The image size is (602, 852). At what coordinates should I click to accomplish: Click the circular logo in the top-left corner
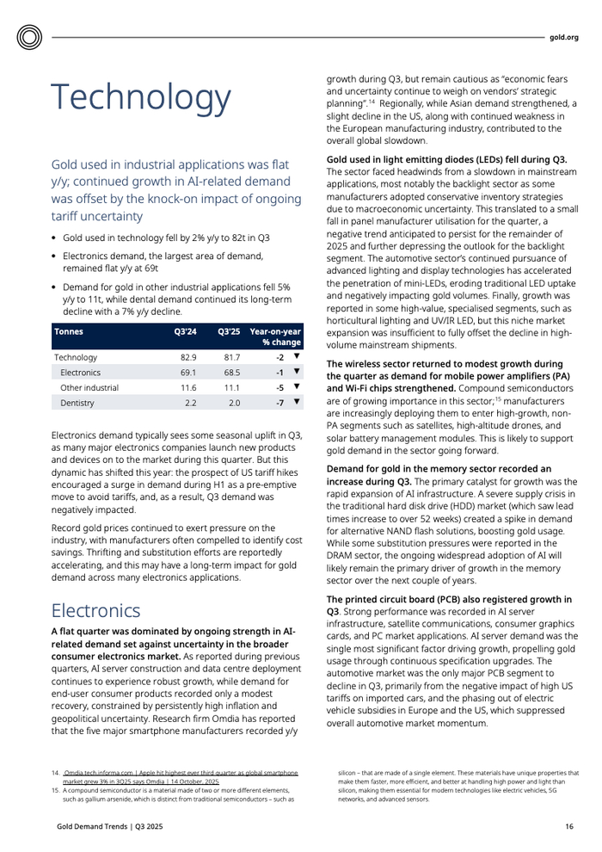pos(29,37)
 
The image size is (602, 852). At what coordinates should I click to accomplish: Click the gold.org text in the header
pos(564,38)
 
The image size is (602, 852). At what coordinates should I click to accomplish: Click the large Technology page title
pos(141,98)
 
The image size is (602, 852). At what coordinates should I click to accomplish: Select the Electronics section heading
pos(95,610)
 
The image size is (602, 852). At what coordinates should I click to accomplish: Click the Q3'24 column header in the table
pos(185,331)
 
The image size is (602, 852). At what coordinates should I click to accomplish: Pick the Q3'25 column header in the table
pos(228,331)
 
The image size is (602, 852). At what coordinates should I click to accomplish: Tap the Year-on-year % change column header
pos(274,336)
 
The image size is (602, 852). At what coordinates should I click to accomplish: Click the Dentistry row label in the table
pos(77,403)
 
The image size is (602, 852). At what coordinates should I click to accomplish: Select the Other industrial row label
pos(89,387)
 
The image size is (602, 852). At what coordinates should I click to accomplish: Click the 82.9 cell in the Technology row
pos(188,357)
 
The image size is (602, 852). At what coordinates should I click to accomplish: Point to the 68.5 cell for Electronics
pos(231,373)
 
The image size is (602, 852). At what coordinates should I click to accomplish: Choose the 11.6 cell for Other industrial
pos(188,387)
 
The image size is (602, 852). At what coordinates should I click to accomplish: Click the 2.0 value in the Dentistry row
pos(234,403)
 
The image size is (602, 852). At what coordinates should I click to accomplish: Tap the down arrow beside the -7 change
pos(296,402)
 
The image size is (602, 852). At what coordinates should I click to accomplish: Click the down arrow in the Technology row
pos(296,356)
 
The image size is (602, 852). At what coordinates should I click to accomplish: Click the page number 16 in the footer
pos(568,827)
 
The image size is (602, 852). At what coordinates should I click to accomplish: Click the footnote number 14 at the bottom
pos(55,773)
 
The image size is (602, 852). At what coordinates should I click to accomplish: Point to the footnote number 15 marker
pos(55,790)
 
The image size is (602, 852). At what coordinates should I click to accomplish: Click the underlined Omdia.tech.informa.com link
pos(96,773)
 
